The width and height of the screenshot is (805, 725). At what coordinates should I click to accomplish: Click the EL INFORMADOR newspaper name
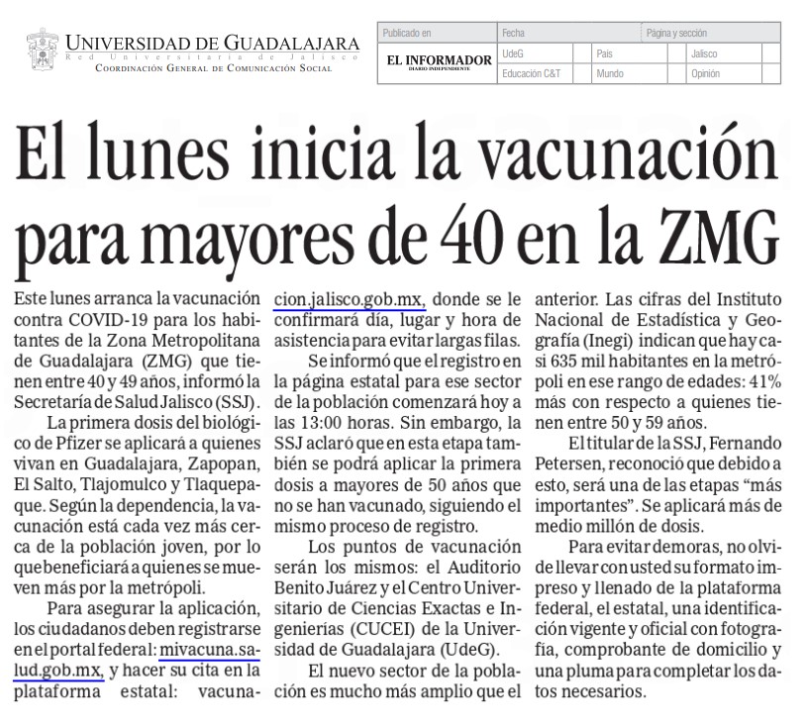point(439,61)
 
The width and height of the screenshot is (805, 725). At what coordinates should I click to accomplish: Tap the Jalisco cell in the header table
point(705,53)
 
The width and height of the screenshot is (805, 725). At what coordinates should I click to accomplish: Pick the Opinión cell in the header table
point(706,73)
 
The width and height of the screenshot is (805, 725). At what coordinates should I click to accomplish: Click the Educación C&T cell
point(532,73)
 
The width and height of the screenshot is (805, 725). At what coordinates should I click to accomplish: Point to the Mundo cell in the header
point(610,73)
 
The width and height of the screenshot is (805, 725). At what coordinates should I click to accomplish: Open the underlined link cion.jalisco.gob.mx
point(349,298)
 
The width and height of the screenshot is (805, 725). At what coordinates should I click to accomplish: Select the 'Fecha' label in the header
point(514,34)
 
